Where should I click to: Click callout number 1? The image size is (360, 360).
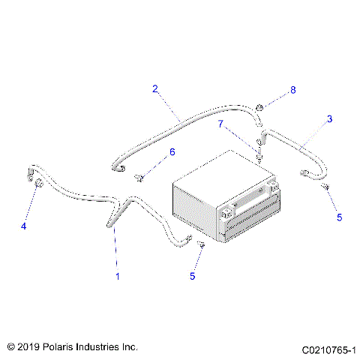coord(116,277)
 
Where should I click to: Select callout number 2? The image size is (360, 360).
coord(155,88)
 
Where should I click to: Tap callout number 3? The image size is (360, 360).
coord(328,118)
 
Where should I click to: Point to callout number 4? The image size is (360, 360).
coord(24,225)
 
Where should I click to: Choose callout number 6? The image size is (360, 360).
coord(172,151)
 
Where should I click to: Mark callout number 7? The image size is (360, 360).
coord(221,123)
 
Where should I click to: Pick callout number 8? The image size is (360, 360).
coord(293,90)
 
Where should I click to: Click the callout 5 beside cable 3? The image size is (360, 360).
coord(339,217)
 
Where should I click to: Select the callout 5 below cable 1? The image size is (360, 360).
coord(192,276)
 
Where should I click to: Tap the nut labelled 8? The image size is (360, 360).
coord(259,109)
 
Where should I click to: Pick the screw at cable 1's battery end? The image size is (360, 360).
coord(201,244)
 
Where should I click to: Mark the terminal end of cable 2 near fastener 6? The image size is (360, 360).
coord(118,169)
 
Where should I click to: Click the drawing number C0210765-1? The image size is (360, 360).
coord(328,349)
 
